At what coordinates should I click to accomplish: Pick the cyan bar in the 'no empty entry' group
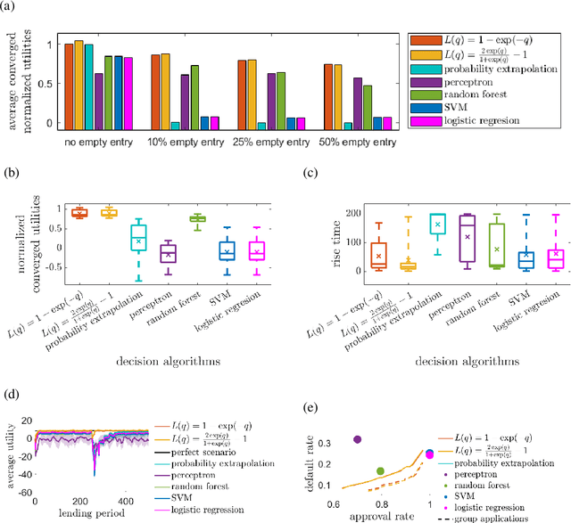(x=88, y=84)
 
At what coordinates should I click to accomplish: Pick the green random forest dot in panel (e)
(x=381, y=471)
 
